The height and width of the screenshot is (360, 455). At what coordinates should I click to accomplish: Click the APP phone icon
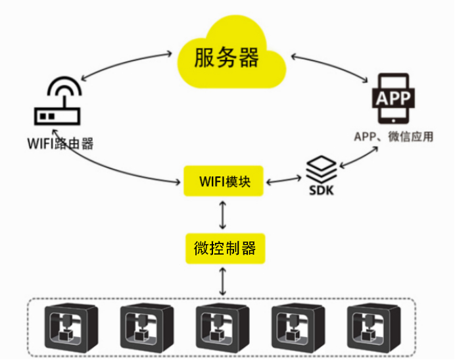394,99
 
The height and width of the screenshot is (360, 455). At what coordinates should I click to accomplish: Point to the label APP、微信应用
394,137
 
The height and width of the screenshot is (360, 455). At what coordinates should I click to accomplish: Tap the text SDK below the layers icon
322,190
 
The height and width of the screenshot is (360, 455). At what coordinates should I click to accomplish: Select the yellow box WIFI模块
223,180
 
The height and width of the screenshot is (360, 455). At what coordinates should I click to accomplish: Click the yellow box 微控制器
224,249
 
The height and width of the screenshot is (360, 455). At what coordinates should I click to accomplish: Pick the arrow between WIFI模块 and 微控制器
224,215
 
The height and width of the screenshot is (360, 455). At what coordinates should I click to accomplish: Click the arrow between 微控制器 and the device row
224,282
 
